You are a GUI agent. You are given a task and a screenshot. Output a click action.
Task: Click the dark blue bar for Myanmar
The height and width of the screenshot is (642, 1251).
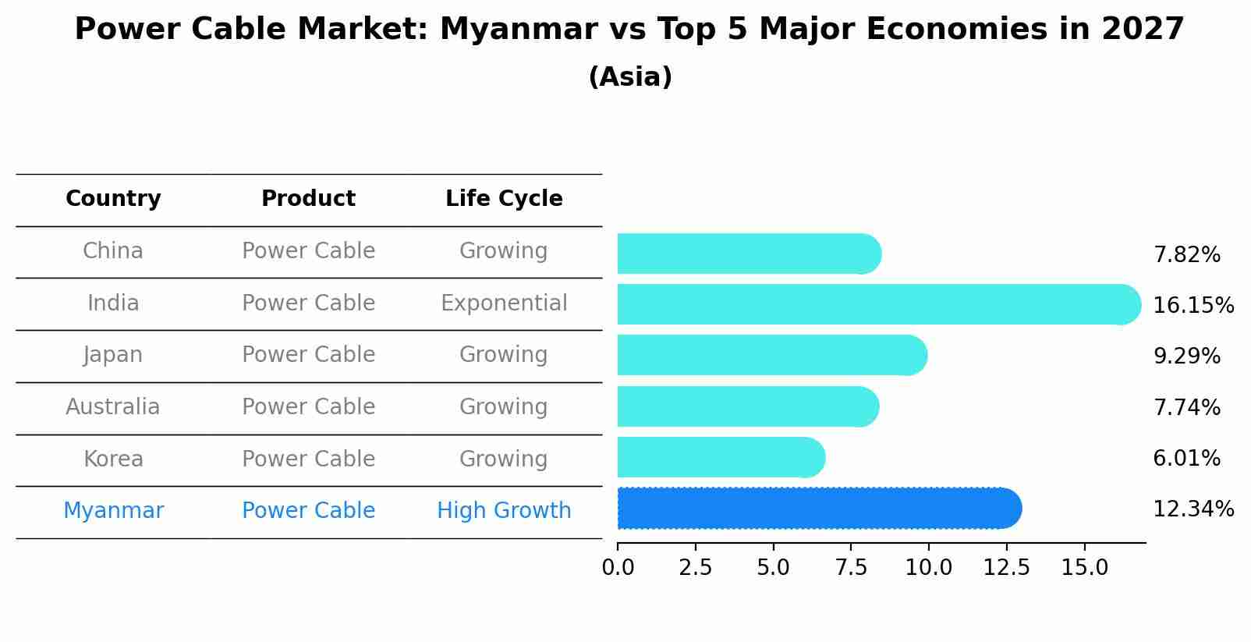[819, 509]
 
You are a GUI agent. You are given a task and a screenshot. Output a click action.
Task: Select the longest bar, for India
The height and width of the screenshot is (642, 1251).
[879, 304]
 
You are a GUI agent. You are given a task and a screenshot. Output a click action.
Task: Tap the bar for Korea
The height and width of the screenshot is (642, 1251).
[721, 458]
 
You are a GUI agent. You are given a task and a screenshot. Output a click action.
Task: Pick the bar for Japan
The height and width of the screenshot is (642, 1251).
[772, 356]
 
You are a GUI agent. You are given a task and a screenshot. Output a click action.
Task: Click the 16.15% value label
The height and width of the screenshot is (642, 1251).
[1193, 305]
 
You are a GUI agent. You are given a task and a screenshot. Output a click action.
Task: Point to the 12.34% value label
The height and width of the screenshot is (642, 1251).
[1193, 509]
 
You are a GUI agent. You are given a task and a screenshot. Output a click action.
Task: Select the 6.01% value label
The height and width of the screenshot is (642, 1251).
[1186, 459]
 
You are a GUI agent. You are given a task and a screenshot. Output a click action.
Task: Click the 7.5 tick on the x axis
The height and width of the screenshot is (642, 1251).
[851, 568]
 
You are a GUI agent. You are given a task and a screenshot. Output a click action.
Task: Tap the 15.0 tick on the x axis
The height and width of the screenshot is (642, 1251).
[1084, 568]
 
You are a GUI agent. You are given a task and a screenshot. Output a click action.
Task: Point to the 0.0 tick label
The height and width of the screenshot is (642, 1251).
[618, 568]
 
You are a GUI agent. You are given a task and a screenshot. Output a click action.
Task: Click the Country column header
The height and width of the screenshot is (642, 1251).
[113, 199]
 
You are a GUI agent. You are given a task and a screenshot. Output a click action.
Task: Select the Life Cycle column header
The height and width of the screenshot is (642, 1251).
[504, 199]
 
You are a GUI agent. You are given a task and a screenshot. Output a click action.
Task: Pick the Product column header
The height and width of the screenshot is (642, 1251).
[308, 199]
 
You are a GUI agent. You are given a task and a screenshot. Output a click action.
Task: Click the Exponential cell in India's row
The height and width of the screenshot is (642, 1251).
[504, 303]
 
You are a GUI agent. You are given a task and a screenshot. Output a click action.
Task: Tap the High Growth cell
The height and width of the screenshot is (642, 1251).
[504, 511]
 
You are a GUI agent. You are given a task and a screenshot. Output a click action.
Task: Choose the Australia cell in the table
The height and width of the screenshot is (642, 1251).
[113, 407]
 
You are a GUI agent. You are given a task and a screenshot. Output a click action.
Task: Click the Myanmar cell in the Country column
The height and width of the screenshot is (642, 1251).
[113, 511]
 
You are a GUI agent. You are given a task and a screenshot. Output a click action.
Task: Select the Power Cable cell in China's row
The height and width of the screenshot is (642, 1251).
[308, 251]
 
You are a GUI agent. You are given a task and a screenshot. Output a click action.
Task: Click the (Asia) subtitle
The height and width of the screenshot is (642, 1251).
[630, 77]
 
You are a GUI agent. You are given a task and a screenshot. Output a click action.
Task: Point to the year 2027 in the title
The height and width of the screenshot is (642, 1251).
[1143, 30]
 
